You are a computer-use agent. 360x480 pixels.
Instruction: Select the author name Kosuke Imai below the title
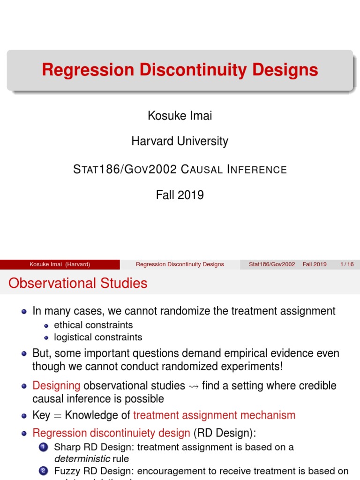180,115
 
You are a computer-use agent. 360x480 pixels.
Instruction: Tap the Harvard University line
180,141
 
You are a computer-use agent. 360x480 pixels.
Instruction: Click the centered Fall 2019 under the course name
180,195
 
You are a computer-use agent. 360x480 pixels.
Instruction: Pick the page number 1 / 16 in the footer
347,264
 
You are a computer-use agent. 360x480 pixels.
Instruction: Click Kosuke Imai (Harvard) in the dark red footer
60,264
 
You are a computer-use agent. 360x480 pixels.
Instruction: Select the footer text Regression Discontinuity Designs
180,264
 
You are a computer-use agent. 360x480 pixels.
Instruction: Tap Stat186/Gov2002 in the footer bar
272,264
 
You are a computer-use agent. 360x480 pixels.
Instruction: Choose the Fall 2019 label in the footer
315,264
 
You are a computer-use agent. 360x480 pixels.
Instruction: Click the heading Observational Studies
78,283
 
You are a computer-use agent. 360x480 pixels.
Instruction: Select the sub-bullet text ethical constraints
93,325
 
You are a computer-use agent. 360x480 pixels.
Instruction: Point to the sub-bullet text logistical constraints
98,337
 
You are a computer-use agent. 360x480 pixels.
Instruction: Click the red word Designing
56,386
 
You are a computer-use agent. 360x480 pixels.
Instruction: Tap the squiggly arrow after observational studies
194,386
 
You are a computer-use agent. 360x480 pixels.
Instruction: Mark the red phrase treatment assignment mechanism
214,415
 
